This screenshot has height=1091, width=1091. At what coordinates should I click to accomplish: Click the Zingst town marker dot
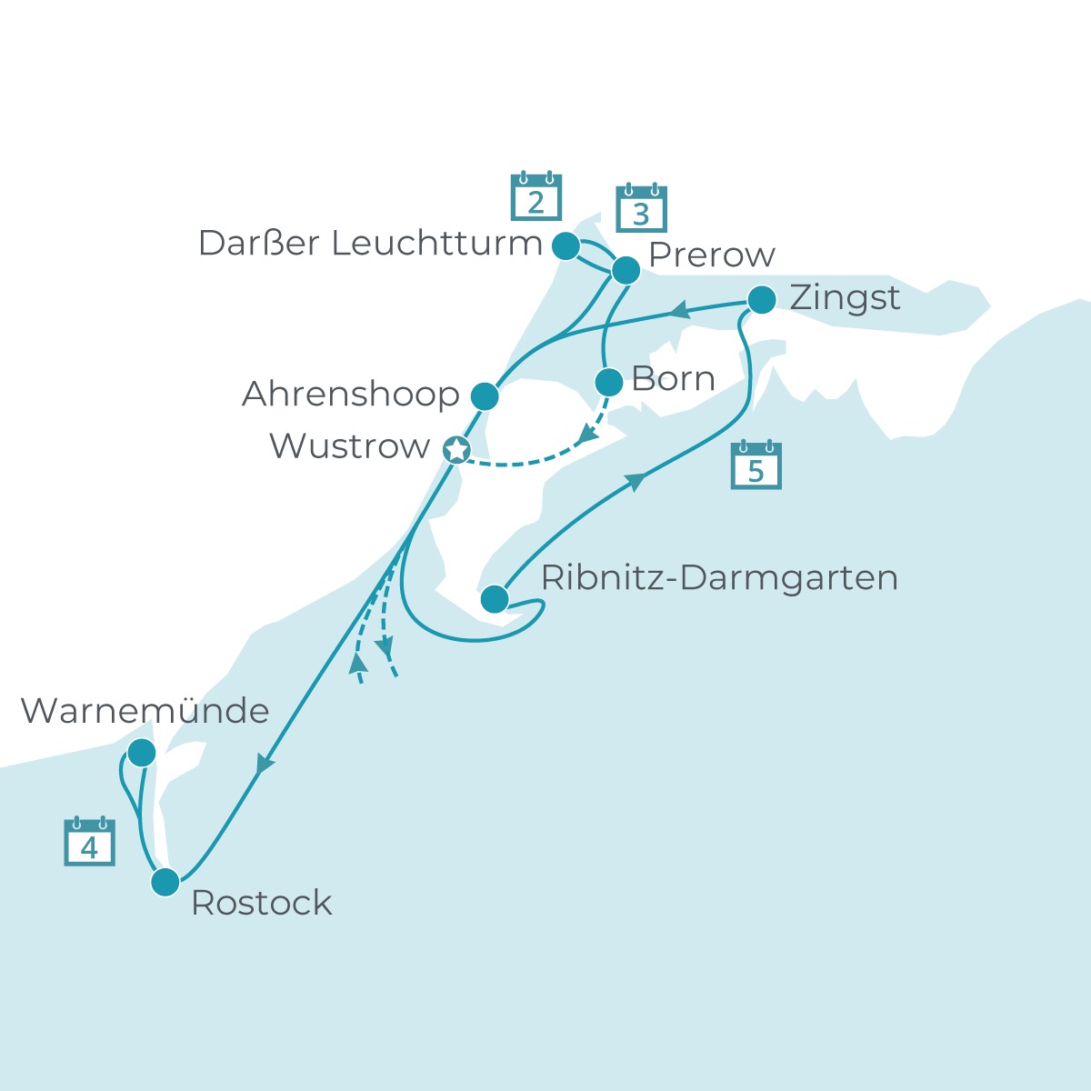[761, 299]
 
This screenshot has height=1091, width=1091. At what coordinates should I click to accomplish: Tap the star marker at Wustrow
[456, 449]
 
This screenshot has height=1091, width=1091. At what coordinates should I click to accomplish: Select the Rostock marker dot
[165, 882]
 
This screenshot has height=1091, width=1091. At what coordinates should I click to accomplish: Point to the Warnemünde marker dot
[141, 753]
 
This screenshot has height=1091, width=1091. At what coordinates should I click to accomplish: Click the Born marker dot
[608, 382]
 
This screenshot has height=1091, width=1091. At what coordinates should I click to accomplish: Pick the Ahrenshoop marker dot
[485, 395]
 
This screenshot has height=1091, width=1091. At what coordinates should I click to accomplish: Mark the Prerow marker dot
[626, 270]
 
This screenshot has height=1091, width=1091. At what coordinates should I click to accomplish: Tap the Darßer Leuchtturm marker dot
[566, 245]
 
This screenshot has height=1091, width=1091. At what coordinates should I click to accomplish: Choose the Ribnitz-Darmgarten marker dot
[495, 598]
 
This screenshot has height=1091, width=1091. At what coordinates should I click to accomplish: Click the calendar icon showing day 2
[535, 197]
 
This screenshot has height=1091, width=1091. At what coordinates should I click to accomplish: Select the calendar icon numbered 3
[641, 209]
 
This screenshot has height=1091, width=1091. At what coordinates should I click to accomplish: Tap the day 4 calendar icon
[89, 842]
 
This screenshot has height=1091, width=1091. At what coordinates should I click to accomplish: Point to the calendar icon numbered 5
[756, 465]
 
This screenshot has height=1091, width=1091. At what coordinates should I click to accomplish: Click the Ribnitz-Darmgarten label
[719, 578]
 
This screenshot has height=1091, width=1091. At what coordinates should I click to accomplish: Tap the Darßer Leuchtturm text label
[370, 244]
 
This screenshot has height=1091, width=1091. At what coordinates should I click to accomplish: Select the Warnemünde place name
[145, 711]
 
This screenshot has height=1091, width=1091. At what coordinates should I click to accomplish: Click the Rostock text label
[262, 903]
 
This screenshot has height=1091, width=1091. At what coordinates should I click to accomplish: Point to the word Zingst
[845, 298]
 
